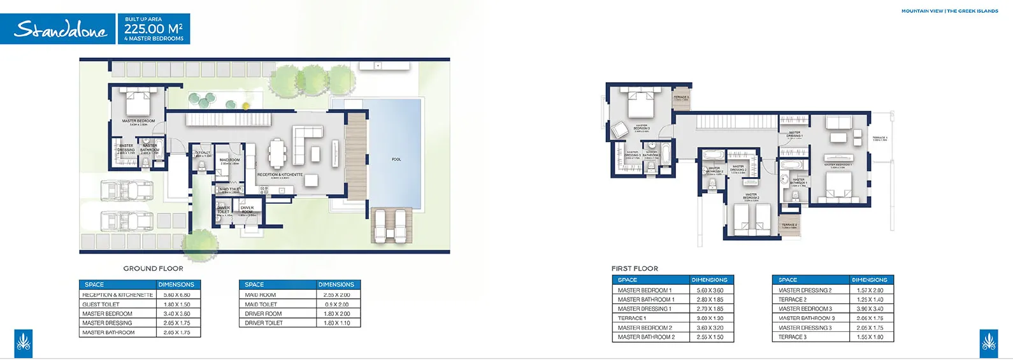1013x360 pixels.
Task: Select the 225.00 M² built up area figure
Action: [153, 29]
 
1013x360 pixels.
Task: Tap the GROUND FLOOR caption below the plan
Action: [153, 268]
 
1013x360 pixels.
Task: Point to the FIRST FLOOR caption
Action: [635, 268]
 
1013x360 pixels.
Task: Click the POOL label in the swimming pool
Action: [396, 159]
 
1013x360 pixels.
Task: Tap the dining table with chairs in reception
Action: [277, 152]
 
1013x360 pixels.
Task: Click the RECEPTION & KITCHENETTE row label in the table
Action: [118, 295]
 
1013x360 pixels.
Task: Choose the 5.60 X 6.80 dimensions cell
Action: [176, 295]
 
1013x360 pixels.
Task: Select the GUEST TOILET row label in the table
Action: [101, 305]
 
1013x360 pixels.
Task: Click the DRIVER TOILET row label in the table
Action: [264, 323]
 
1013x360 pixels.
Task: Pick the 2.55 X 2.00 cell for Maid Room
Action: [336, 295]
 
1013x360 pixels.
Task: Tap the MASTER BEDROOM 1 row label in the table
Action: [644, 291]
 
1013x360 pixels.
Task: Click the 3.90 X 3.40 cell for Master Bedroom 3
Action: [870, 309]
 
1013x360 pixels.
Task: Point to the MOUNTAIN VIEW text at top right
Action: [921, 11]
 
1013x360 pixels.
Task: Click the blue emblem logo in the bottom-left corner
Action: [23, 343]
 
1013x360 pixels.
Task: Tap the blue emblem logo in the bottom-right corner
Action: [989, 343]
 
